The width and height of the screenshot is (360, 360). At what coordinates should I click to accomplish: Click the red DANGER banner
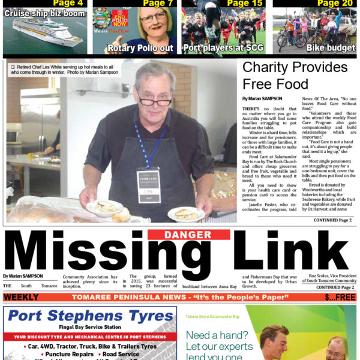(179, 235)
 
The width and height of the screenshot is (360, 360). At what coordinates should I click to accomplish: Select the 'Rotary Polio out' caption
(140, 48)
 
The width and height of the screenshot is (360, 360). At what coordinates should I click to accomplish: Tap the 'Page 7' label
(157, 3)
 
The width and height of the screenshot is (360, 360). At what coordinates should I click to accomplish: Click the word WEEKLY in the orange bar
(21, 298)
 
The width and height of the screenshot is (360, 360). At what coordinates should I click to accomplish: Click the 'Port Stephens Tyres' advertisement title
(90, 316)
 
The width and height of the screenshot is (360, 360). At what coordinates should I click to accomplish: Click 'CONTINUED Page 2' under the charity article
(334, 221)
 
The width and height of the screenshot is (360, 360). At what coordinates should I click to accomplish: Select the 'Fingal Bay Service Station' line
(90, 327)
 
